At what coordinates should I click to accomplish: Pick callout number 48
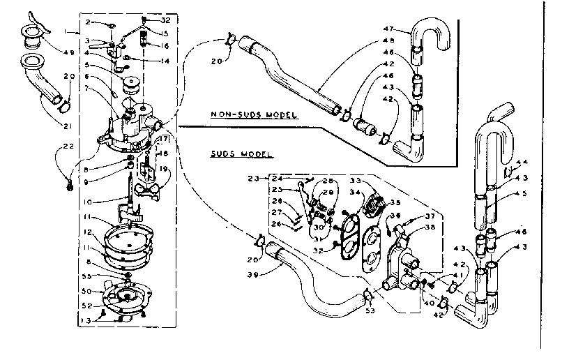click(387, 40)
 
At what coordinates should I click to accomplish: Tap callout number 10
click(88, 202)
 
